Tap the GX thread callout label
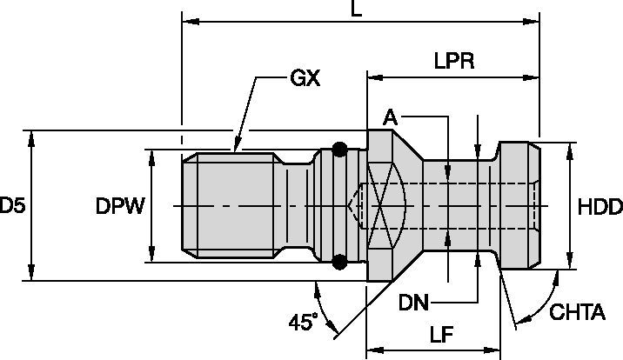coord(305,79)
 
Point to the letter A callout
coord(391,117)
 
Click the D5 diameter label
coord(12,206)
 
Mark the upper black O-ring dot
coord(340,149)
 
